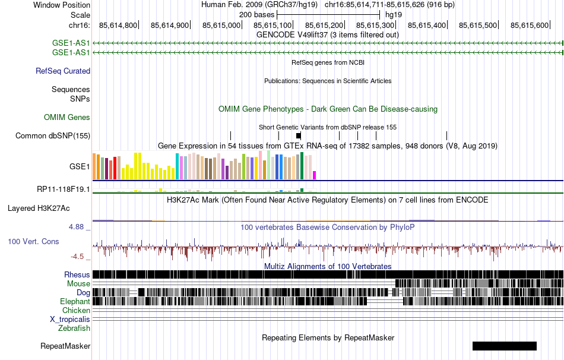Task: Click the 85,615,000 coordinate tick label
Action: click(x=221, y=26)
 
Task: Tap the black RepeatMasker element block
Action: click(x=504, y=346)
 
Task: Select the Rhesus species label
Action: click(x=77, y=274)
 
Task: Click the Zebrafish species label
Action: click(x=74, y=328)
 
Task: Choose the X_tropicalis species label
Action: click(x=70, y=319)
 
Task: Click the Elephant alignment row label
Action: click(x=74, y=301)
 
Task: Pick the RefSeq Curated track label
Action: click(x=63, y=71)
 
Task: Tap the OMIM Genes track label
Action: click(x=67, y=118)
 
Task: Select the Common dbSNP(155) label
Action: click(x=53, y=135)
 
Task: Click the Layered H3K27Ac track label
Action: click(x=39, y=209)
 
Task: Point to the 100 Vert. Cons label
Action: click(x=33, y=242)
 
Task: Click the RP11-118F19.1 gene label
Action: click(x=64, y=190)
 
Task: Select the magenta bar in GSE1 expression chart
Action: click(x=314, y=175)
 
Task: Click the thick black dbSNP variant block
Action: click(x=298, y=135)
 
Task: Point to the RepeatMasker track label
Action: click(x=65, y=346)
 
